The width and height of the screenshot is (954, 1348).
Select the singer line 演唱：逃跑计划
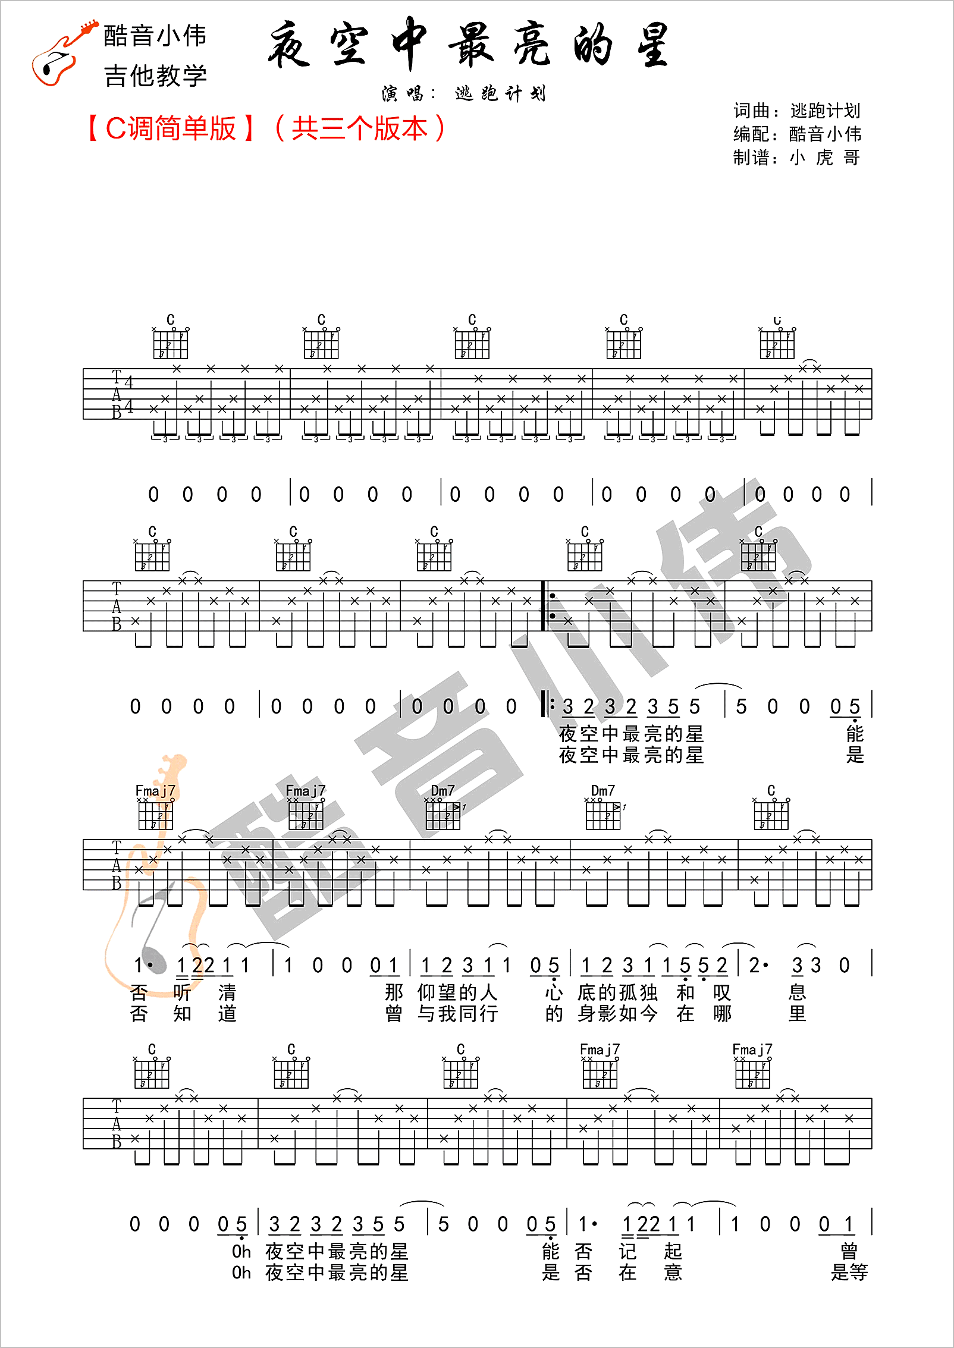(x=464, y=93)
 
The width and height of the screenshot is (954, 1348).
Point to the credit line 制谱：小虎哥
(x=796, y=158)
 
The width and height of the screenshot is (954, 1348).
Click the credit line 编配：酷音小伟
(x=796, y=134)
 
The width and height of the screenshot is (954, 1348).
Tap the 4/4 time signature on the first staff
(x=128, y=394)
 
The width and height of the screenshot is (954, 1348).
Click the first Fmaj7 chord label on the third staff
(x=155, y=790)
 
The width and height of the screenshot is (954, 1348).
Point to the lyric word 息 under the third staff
(x=797, y=992)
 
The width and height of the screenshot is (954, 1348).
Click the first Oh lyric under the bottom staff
(x=241, y=1251)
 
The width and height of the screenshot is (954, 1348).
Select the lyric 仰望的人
(x=457, y=992)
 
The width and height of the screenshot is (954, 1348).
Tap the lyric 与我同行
(x=457, y=1013)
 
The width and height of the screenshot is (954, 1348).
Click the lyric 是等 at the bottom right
(x=849, y=1272)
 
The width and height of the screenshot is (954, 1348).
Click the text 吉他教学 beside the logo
(x=155, y=76)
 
